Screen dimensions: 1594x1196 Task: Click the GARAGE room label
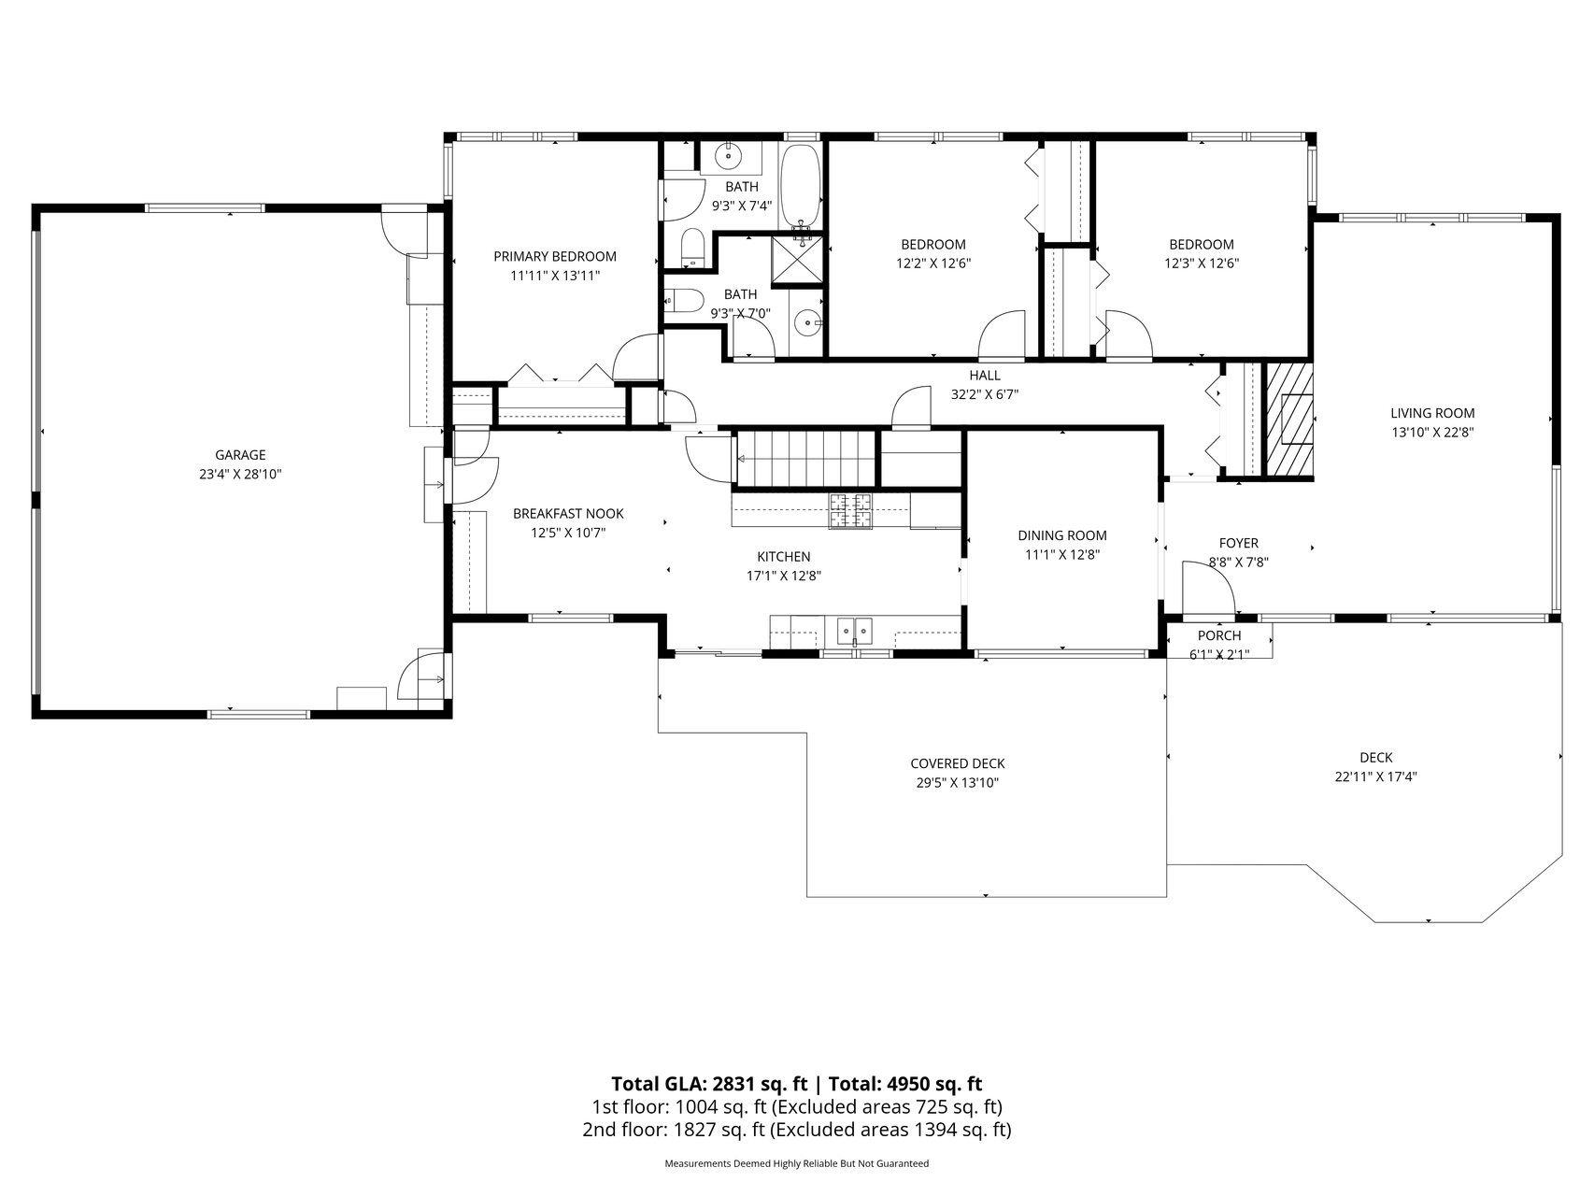pyautogui.click(x=240, y=455)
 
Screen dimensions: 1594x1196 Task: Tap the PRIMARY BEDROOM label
pyautogui.click(x=555, y=257)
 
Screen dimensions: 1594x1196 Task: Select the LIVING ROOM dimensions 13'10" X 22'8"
pyautogui.click(x=1432, y=432)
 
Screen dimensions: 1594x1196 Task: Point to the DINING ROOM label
pyautogui.click(x=1062, y=535)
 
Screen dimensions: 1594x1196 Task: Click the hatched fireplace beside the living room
pyautogui.click(x=1288, y=419)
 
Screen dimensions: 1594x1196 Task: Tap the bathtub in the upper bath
pyautogui.click(x=801, y=187)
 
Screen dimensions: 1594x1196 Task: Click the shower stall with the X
pyautogui.click(x=796, y=259)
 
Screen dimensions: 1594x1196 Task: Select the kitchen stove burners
pyautogui.click(x=850, y=510)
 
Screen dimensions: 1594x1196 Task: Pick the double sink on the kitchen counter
pyautogui.click(x=854, y=632)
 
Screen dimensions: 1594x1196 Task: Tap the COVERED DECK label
pyautogui.click(x=958, y=763)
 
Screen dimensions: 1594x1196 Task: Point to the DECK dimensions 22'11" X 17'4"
pyautogui.click(x=1376, y=776)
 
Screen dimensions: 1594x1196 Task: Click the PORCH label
pyautogui.click(x=1219, y=635)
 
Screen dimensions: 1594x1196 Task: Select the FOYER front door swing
pyautogui.click(x=1207, y=589)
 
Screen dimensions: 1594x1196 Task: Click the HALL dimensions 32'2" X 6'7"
pyautogui.click(x=985, y=394)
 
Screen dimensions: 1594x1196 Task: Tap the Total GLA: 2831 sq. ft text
pyautogui.click(x=709, y=1084)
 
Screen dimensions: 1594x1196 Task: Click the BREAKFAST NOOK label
pyautogui.click(x=568, y=514)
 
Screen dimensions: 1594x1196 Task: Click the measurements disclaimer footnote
pyautogui.click(x=797, y=1164)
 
